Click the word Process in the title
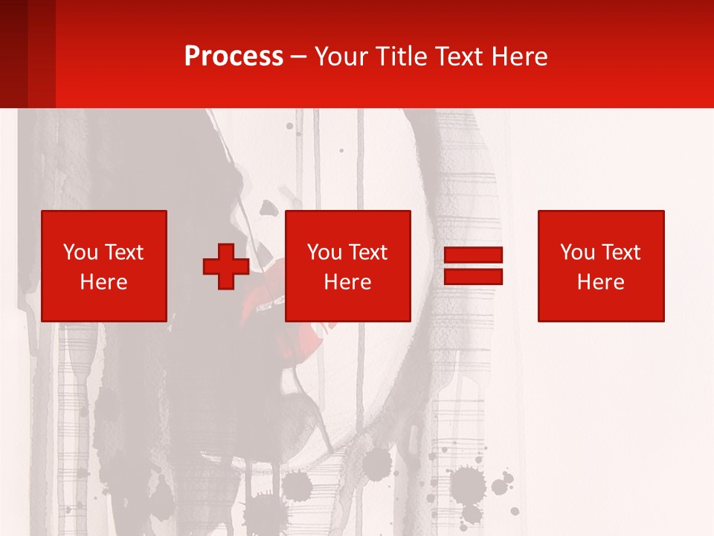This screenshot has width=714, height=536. coord(234,57)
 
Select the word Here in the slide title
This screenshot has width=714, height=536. coord(518,57)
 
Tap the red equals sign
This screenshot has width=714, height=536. coord(473,266)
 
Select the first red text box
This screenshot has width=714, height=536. coord(104,266)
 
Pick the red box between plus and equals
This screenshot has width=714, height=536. coord(347,266)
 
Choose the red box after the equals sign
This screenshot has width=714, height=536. coord(601,266)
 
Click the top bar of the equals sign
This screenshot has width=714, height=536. coord(473,255)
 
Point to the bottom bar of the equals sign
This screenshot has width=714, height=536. coord(473,276)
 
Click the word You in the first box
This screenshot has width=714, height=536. coord(80,252)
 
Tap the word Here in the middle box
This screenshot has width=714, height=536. coord(347,282)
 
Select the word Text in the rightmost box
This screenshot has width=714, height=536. coord(620,252)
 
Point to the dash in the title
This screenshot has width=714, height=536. coord(299,57)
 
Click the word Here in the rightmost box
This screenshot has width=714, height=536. coord(601,282)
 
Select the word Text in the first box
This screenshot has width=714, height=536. coord(123,252)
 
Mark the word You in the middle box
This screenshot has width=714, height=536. coord(324,252)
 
